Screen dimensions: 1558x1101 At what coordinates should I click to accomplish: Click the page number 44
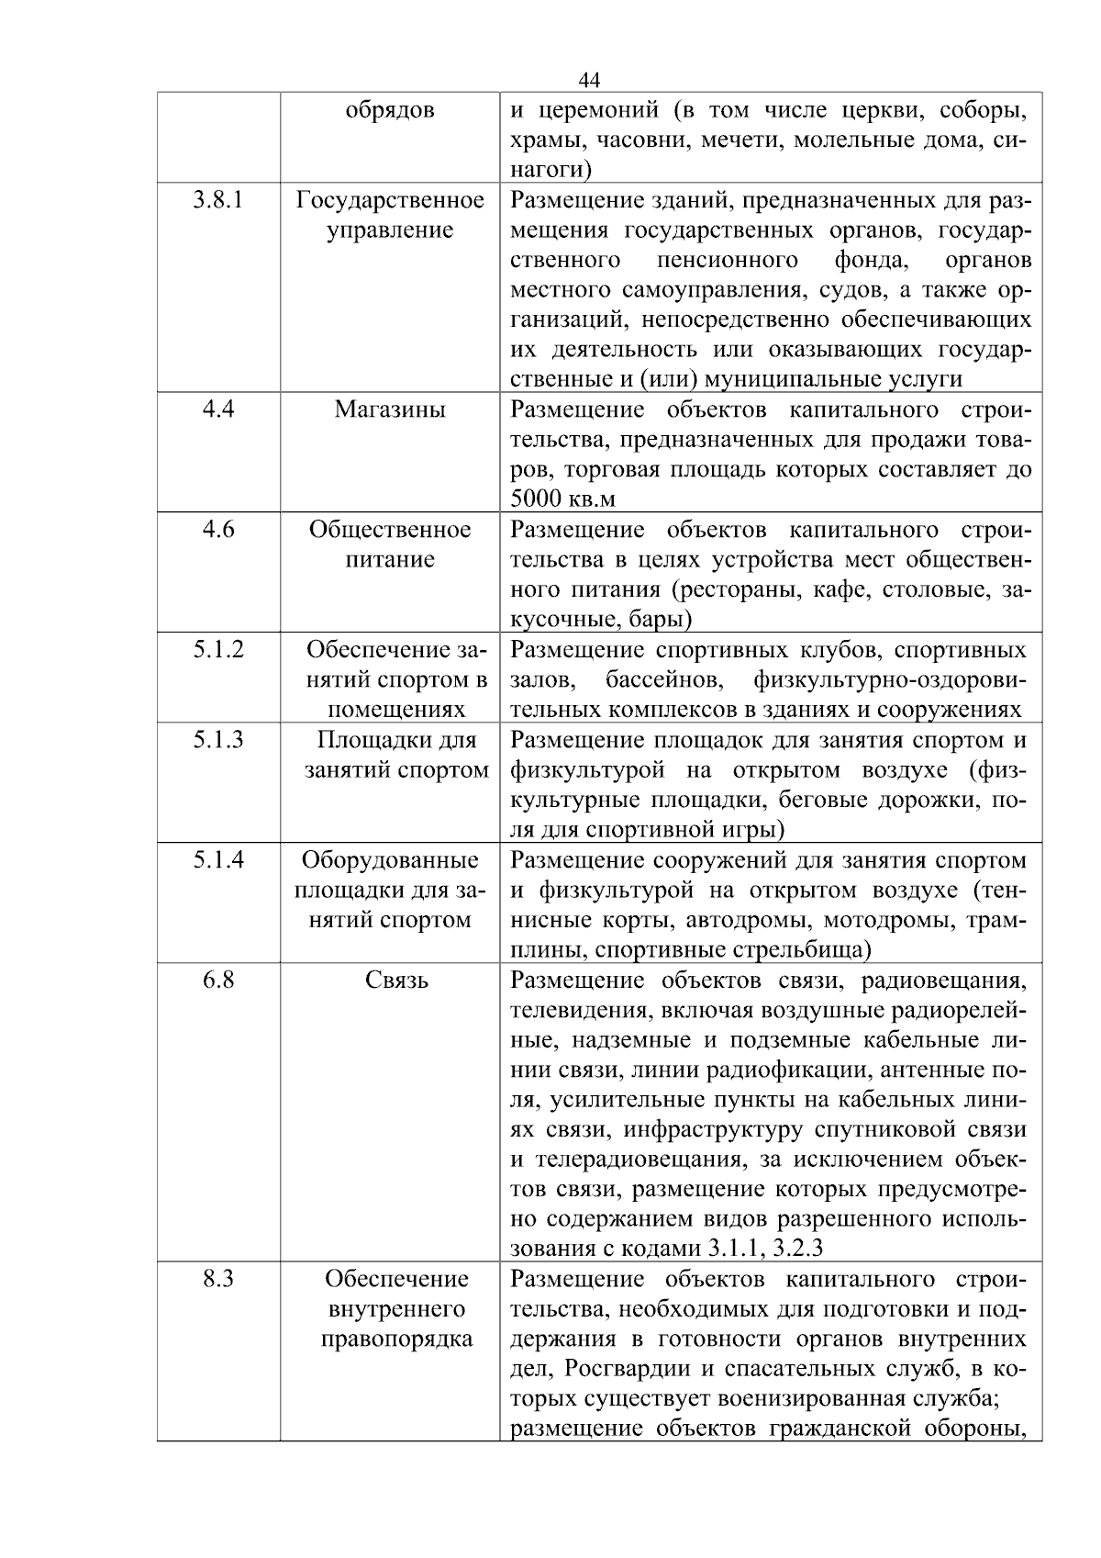pyautogui.click(x=590, y=79)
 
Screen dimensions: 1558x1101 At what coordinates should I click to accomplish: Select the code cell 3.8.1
pyautogui.click(x=218, y=199)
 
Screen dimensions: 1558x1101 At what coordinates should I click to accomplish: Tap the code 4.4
pyautogui.click(x=218, y=409)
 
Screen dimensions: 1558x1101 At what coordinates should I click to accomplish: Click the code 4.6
pyautogui.click(x=218, y=529)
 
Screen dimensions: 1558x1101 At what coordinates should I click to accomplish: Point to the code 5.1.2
pyautogui.click(x=218, y=649)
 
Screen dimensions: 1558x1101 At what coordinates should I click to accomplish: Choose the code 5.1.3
pyautogui.click(x=218, y=739)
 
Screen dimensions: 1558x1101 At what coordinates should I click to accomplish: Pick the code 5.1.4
pyautogui.click(x=218, y=859)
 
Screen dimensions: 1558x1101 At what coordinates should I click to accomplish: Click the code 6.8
pyautogui.click(x=218, y=980)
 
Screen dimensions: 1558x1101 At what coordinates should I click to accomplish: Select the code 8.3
pyautogui.click(x=218, y=1278)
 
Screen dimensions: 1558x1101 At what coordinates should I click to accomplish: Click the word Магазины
pyautogui.click(x=390, y=409)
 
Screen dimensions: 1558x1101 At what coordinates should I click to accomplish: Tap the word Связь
pyautogui.click(x=396, y=981)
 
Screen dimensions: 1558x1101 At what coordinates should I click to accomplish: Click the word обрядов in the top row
pyautogui.click(x=390, y=110)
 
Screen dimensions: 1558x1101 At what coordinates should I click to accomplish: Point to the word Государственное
pyautogui.click(x=390, y=200)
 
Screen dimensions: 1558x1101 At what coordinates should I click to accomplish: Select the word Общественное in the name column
pyautogui.click(x=390, y=530)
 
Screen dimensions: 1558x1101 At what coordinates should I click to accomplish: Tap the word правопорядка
pyautogui.click(x=396, y=1339)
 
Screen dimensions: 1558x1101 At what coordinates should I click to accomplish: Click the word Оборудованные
pyautogui.click(x=390, y=860)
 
